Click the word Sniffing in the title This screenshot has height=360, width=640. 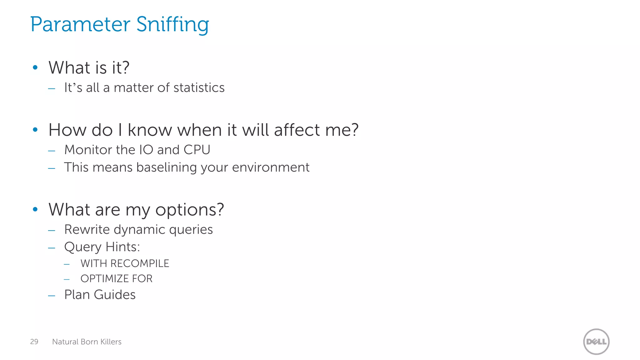(172, 25)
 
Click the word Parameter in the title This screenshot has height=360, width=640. (80, 25)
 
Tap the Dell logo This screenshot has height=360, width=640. (596, 342)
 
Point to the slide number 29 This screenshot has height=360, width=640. (34, 342)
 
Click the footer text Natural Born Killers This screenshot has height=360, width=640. (87, 342)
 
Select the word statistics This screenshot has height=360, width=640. (199, 88)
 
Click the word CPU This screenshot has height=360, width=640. (197, 150)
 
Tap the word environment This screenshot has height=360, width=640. (271, 167)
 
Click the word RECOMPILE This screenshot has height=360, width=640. (140, 263)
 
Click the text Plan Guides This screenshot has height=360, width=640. (100, 295)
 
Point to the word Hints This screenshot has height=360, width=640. (122, 247)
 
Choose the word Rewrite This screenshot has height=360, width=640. (87, 230)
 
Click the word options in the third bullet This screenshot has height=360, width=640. (189, 210)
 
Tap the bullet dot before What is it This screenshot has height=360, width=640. (35, 67)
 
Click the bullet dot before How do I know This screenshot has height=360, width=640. (35, 129)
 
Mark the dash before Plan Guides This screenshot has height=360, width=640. (52, 295)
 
